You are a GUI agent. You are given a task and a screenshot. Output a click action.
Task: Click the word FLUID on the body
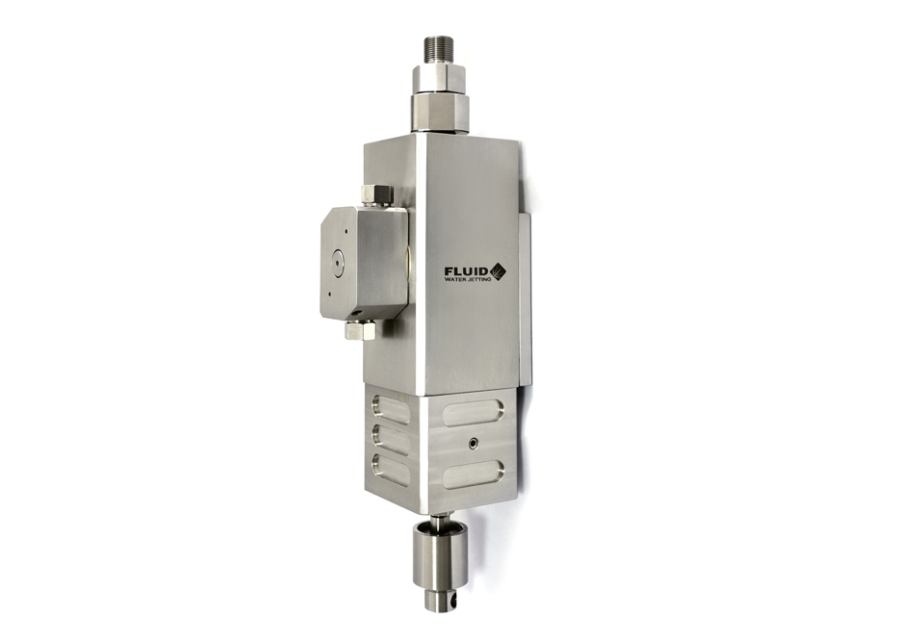468,271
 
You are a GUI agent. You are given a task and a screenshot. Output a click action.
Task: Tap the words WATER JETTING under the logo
468,280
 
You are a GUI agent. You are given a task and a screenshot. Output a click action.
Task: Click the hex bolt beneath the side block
361,329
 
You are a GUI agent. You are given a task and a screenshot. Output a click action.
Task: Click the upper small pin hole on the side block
346,232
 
